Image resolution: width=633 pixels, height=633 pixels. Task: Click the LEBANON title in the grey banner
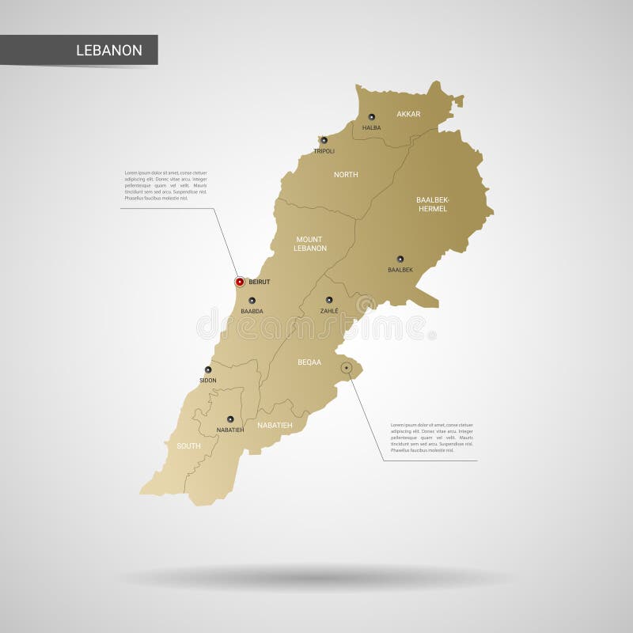point(109,51)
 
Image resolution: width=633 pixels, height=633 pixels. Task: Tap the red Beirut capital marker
point(240,282)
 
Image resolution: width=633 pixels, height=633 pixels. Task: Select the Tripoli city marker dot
point(324,140)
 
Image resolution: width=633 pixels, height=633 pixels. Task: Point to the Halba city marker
point(371,117)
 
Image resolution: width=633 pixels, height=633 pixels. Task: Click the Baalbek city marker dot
point(400,259)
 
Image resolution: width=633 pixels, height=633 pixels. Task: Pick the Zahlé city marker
point(329,300)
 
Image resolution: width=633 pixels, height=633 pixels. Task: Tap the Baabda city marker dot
point(252,301)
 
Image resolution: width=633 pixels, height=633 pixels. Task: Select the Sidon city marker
point(208,370)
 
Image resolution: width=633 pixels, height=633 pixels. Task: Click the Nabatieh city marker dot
point(230,419)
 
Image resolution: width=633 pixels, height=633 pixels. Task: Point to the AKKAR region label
point(408,114)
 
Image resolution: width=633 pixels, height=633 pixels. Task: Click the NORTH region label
point(346,174)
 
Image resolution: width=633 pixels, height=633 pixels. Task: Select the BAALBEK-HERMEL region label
point(432,204)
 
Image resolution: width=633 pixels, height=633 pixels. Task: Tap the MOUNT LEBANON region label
point(310,244)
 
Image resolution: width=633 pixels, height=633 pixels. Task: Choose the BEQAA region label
point(309,362)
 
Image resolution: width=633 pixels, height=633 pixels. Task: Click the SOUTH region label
point(188,446)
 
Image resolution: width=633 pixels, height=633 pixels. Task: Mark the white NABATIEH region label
point(275,425)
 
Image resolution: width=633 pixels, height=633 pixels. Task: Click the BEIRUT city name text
point(260,282)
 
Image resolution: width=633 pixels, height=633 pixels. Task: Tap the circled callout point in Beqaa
point(347,368)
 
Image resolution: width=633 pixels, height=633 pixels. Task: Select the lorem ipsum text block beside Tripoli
point(166,185)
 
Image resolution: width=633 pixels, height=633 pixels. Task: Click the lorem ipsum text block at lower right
point(432,438)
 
